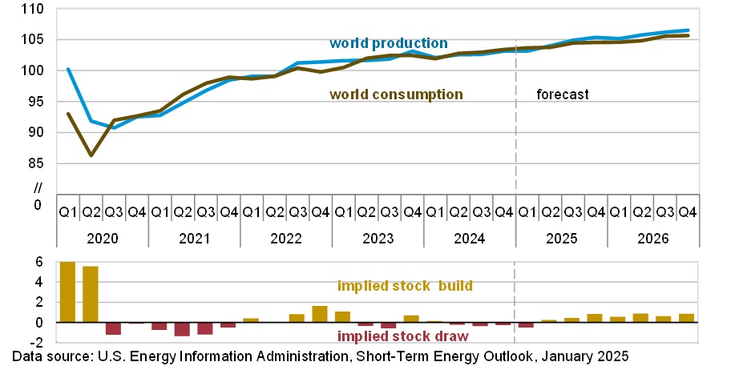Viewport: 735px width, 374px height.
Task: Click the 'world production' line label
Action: click(388, 43)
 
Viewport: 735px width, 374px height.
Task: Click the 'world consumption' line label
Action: click(396, 95)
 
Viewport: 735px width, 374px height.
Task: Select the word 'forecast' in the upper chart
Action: click(563, 95)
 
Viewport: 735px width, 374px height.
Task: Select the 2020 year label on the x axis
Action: click(103, 239)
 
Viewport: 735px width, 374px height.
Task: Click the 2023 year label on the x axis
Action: click(378, 239)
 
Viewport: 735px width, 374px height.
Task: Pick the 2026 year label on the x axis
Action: click(652, 239)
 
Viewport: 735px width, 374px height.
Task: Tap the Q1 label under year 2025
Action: click(527, 212)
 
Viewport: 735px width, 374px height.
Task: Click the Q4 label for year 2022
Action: click(321, 212)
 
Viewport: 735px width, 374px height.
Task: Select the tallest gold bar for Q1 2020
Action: click(68, 292)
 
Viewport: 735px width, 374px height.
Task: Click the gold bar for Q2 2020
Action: click(91, 294)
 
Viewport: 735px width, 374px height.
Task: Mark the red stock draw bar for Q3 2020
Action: click(114, 328)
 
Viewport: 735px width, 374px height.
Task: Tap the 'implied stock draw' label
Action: click(402, 336)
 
